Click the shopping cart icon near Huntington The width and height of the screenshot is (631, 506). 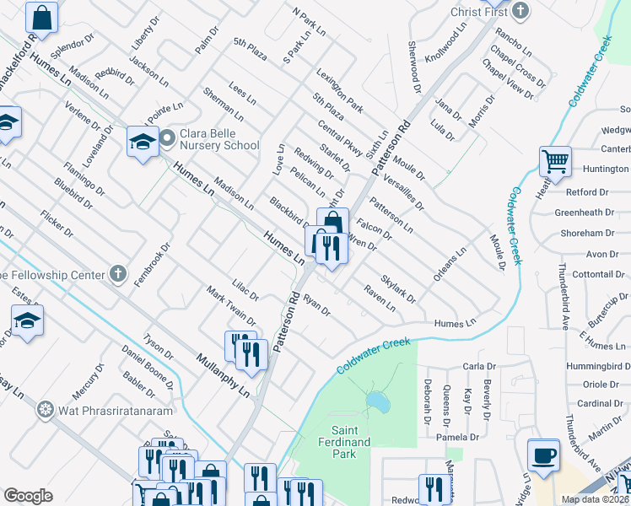point(555,161)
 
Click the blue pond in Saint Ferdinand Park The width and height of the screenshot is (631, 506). point(378,403)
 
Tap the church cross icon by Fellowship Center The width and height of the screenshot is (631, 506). point(118,274)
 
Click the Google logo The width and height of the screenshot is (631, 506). point(28,496)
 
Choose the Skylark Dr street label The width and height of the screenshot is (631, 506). point(398,288)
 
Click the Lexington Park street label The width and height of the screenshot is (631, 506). point(340,91)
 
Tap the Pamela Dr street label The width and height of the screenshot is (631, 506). point(457,438)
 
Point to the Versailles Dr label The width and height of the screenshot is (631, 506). point(403,191)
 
